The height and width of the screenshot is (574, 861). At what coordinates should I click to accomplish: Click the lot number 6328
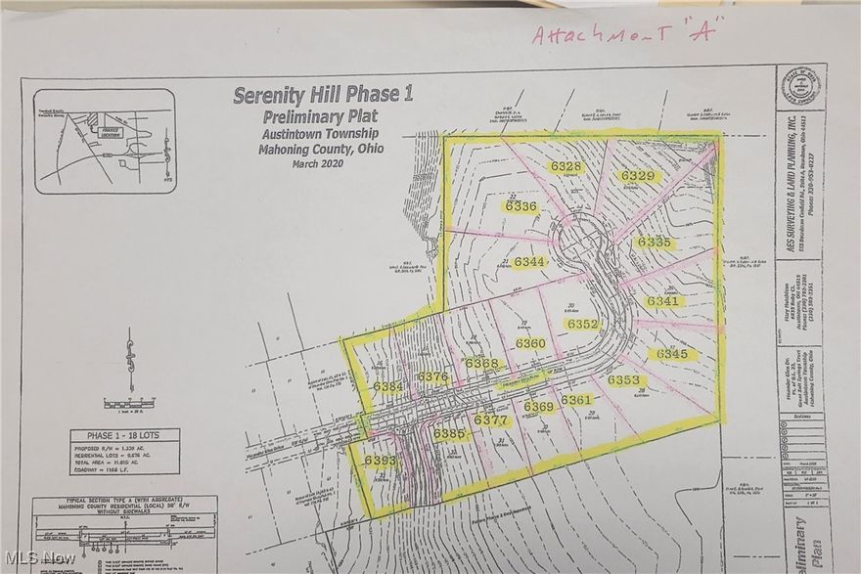(x=566, y=167)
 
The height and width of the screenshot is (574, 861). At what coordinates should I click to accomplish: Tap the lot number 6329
(x=637, y=176)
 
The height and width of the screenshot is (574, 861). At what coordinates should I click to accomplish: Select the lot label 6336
(x=521, y=206)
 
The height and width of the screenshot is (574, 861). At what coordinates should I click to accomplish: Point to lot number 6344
(x=528, y=262)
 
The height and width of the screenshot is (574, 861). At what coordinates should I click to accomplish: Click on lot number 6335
(x=654, y=242)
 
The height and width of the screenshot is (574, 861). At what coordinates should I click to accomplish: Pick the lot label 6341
(x=661, y=302)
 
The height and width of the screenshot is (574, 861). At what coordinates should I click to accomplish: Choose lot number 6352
(x=582, y=324)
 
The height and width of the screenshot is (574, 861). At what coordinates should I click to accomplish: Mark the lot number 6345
(x=672, y=354)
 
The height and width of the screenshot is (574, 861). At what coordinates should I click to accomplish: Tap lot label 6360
(x=530, y=343)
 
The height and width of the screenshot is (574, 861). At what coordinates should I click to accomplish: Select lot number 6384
(x=387, y=387)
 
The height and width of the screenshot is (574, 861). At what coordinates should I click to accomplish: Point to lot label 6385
(x=448, y=433)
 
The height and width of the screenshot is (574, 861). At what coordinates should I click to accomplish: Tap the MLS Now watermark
(x=39, y=558)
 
